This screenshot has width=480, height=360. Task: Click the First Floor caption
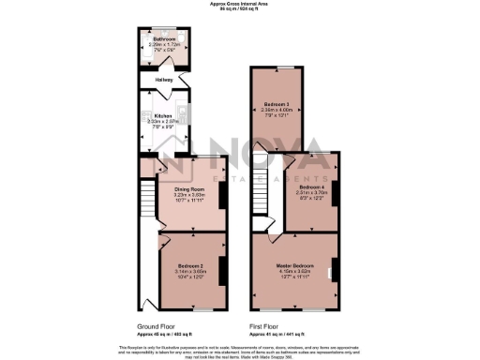[263, 327]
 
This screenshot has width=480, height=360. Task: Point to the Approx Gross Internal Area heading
[240, 4]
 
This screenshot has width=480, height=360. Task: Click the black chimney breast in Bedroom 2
[223, 267]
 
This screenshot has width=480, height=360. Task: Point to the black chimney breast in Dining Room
[222, 193]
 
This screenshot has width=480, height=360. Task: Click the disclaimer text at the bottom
[240, 349]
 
